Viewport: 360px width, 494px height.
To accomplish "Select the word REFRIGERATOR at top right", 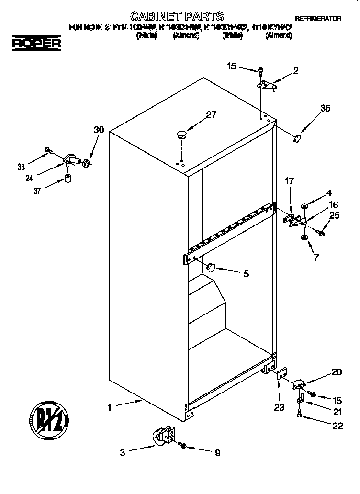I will tap(318, 18).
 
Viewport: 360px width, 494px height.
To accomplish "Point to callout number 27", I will tap(211, 114).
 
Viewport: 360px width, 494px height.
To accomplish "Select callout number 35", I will tap(325, 108).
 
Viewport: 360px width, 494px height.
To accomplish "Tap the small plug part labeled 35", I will tap(297, 138).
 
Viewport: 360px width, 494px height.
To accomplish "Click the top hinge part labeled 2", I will tap(268, 85).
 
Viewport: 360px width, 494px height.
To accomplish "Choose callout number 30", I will tap(99, 130).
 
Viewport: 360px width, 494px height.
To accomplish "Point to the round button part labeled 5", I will tap(211, 267).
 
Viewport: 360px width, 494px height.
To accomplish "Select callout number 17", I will tap(289, 182).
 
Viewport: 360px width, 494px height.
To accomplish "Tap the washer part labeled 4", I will tap(304, 206).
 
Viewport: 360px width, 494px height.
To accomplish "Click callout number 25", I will tap(334, 215).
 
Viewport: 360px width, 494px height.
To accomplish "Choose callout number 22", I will tap(337, 426).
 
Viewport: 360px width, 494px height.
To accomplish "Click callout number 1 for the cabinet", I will tap(109, 407).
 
